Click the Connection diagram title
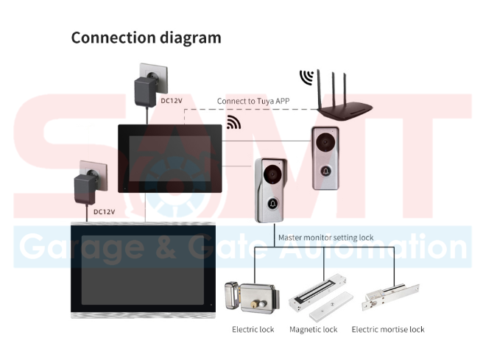146,38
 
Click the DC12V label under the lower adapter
104,212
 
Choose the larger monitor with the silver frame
144,269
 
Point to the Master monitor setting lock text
325,238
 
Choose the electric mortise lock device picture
387,297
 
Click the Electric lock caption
253,329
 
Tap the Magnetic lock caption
313,329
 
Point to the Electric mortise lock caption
388,329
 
